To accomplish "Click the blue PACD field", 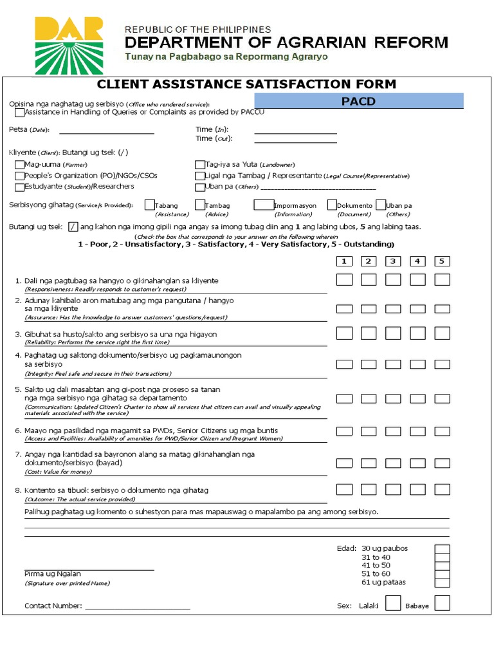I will click(359, 101).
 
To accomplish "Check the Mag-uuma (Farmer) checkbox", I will click(19, 165).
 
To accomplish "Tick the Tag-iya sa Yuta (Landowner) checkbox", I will click(199, 165).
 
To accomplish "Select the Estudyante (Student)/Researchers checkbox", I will click(19, 187).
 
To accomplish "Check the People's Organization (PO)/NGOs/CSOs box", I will click(19, 176).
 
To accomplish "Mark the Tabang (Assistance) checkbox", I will click(150, 205).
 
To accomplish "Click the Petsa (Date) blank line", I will click(107, 133).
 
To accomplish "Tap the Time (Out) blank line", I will click(296, 142).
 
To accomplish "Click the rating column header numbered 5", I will click(442, 261).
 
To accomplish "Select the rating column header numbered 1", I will click(344, 261).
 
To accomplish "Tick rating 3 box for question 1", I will click(393, 280).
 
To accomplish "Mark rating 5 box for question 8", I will click(442, 489).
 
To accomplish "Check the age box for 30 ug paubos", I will click(442, 549).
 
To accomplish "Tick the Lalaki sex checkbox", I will click(393, 603).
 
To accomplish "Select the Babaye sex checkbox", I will click(442, 603).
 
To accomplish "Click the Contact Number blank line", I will click(138, 608).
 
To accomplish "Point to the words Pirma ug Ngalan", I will click(53, 573).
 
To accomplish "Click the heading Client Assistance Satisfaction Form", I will click(246, 84).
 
